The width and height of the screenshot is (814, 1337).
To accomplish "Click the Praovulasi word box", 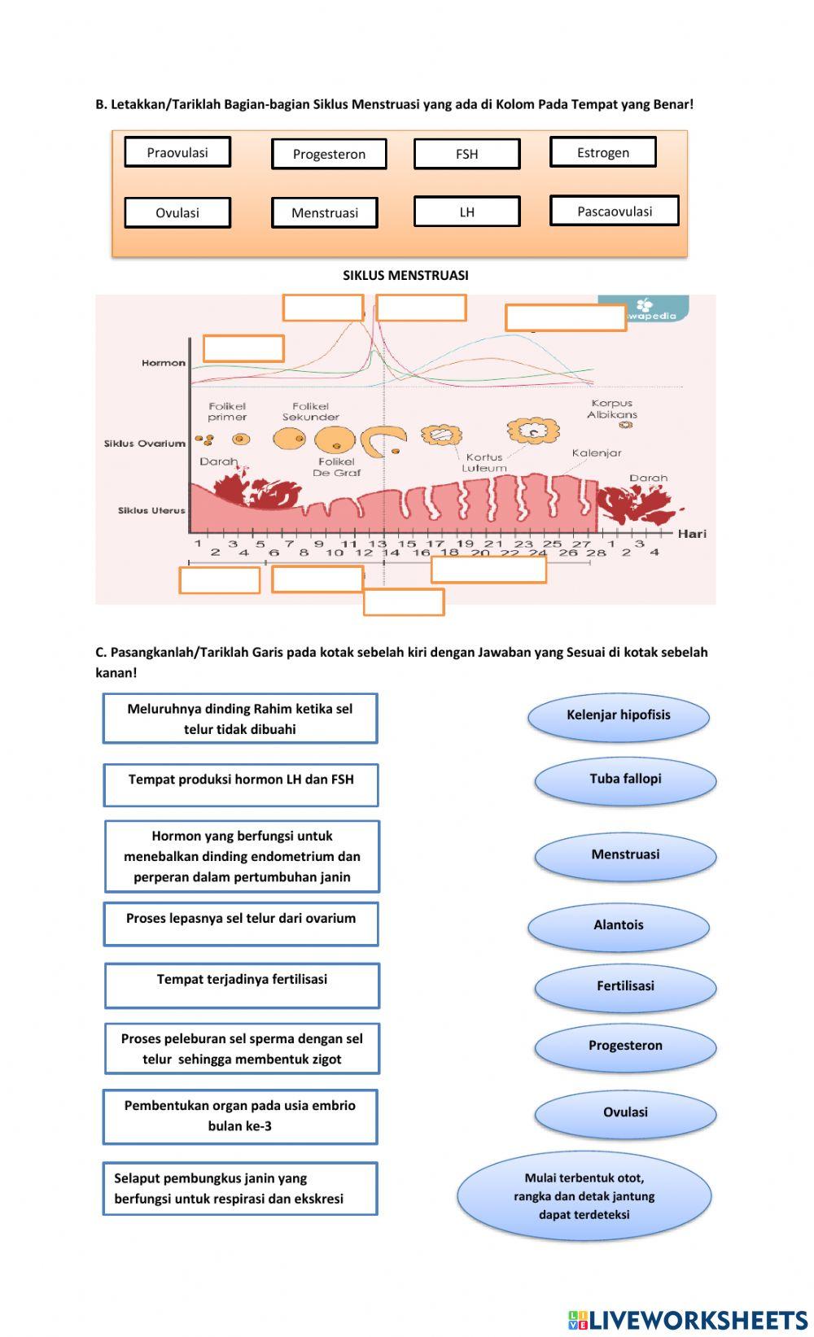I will tap(177, 152).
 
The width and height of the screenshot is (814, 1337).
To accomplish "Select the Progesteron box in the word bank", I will tap(329, 154).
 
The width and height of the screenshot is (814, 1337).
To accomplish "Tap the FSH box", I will tap(466, 154).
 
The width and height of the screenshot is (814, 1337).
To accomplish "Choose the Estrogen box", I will tap(602, 152).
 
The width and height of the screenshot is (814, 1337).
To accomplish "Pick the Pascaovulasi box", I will tap(615, 211).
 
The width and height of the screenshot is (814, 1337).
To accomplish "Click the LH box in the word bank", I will tap(466, 212).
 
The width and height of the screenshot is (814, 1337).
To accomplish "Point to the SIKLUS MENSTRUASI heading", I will tap(405, 275).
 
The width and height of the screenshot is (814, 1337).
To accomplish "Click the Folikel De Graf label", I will tap(336, 467).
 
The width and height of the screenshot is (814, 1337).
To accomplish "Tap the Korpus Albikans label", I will tap(612, 409).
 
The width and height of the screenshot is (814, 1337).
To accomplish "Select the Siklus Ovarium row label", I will tap(145, 443).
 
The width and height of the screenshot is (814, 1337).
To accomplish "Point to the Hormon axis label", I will tap(164, 363).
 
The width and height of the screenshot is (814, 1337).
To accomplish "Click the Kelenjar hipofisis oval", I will tap(619, 716).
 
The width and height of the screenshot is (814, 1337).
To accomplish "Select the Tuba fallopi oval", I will tap(625, 780).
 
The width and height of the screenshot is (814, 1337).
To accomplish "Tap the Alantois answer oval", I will tap(619, 925).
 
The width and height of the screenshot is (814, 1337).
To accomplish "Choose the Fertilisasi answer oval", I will tap(625, 986).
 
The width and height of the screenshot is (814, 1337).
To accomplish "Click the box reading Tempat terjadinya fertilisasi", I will tap(242, 985).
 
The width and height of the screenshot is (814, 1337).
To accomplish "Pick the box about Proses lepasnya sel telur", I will tap(241, 924).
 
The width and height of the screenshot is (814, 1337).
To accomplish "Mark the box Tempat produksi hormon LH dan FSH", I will tap(241, 784).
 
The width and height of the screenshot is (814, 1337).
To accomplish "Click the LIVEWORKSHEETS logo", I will tap(688, 1319).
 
